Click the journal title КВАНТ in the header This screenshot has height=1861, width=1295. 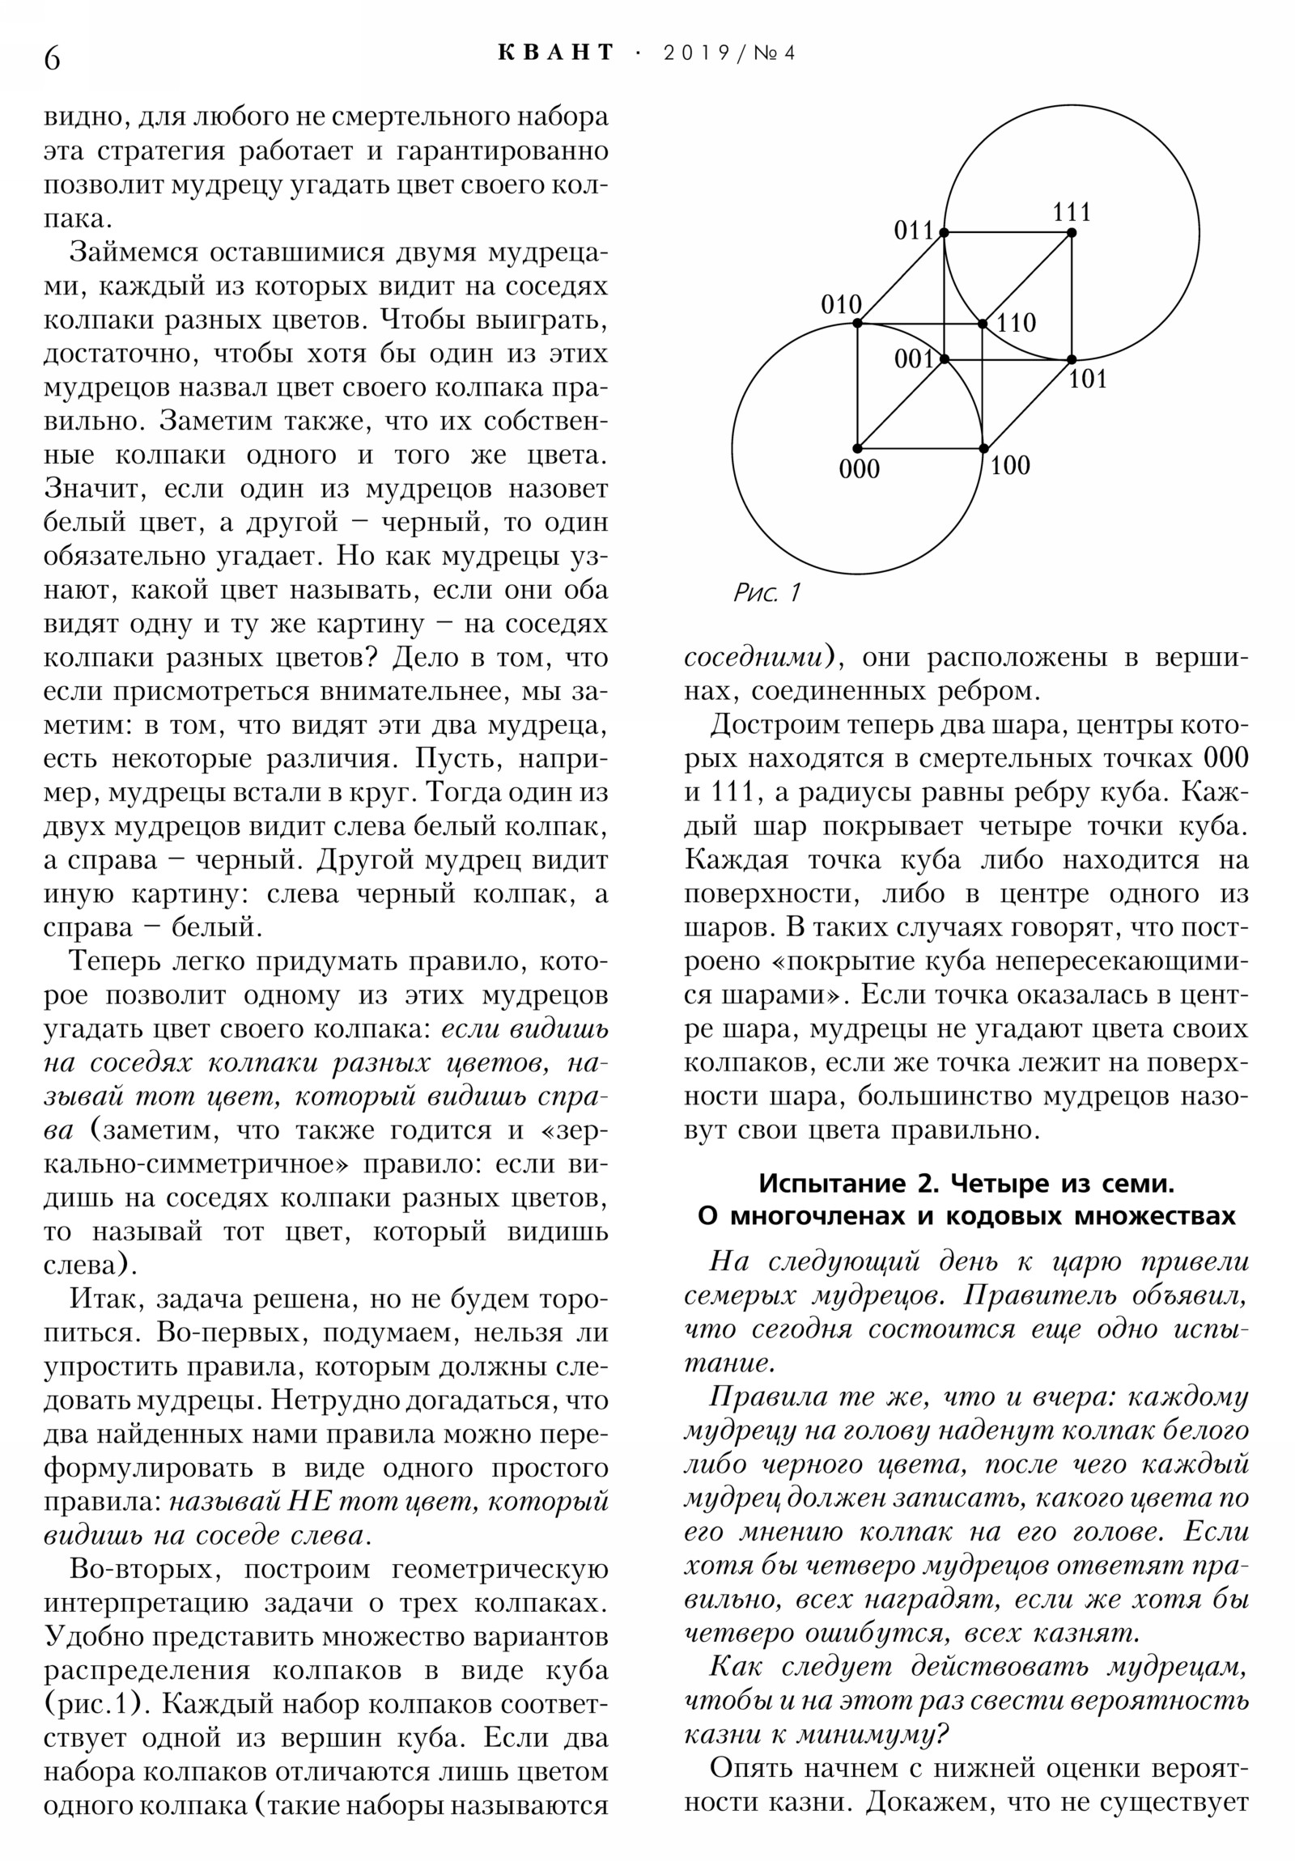(555, 53)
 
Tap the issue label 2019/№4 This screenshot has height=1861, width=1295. (729, 53)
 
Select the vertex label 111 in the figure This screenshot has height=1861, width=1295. (1071, 212)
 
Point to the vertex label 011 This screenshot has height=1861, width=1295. (914, 231)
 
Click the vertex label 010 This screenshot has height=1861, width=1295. (841, 305)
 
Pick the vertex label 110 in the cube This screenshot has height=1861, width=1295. (1016, 323)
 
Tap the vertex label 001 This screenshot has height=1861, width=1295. (914, 358)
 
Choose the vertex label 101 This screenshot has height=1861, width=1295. (1087, 379)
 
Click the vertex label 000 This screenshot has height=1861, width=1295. (859, 468)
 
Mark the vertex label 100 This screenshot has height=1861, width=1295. (1009, 465)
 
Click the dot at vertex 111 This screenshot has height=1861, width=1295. (1071, 233)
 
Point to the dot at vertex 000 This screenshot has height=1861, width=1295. (857, 448)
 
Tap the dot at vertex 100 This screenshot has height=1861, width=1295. (983, 448)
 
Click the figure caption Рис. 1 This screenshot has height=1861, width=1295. (766, 592)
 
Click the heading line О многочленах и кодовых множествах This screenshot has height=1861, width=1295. (966, 1216)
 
